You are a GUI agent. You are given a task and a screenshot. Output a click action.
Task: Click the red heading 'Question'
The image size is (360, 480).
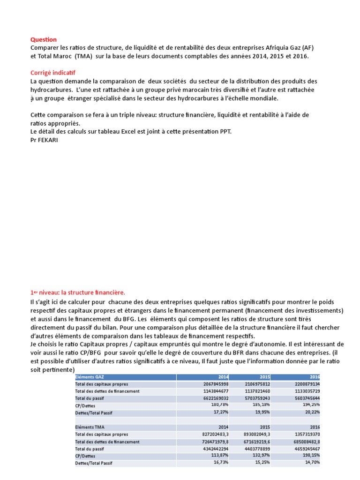point(44,40)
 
